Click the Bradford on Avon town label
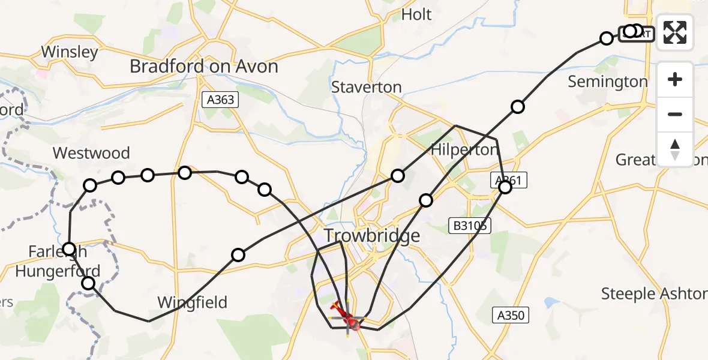204,66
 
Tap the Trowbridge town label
372,236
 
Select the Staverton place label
367,87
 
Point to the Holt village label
416,14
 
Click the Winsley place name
70,52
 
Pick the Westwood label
91,153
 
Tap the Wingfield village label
192,302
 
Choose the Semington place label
608,82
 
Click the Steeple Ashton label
654,293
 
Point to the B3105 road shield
470,226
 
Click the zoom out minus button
675,114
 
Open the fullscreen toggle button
675,32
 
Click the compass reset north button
675,149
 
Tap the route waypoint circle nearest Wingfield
238,255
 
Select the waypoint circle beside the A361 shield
505,187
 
